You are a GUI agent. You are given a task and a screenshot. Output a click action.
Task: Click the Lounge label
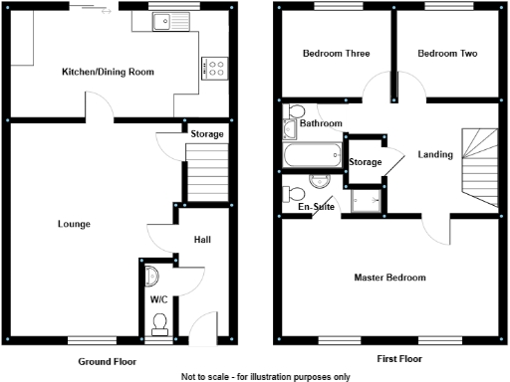(x=74, y=224)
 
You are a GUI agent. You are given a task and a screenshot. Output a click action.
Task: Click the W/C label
(x=158, y=298)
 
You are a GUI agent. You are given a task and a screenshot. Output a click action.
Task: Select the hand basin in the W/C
(x=150, y=276)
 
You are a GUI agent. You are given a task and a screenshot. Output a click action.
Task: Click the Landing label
(x=435, y=154)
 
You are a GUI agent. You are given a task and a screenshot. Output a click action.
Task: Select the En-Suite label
(x=316, y=207)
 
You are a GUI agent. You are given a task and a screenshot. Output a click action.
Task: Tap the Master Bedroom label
(x=389, y=278)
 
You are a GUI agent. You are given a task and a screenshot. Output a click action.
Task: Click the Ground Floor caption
(x=106, y=361)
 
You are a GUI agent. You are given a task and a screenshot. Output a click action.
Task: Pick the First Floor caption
(x=398, y=358)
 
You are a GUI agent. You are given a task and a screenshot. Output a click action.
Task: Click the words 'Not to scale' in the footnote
(x=203, y=377)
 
